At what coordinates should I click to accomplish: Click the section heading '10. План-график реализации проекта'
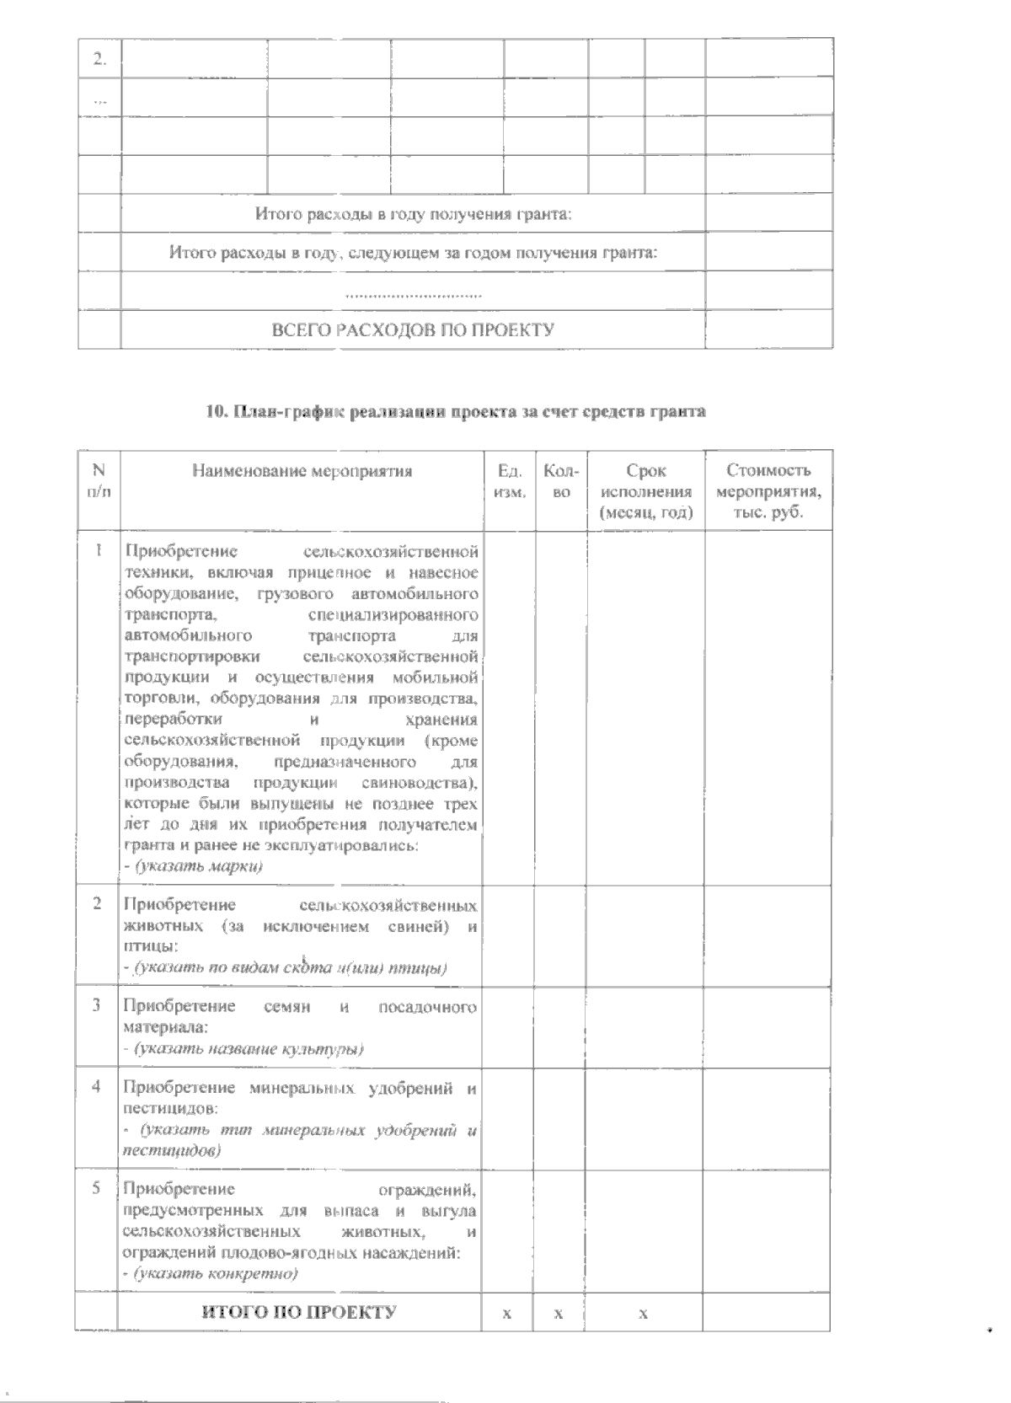[456, 412]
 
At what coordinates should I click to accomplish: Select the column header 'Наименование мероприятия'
[302, 471]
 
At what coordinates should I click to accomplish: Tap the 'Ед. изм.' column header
[511, 480]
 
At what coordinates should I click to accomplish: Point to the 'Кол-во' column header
[561, 480]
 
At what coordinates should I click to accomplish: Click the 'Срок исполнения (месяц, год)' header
[646, 491]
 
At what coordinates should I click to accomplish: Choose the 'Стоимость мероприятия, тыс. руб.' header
[768, 491]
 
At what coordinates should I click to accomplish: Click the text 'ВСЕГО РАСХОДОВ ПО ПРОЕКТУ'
[413, 329]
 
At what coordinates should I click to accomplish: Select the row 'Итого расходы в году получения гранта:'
[413, 214]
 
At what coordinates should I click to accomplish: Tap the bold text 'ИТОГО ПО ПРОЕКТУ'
[298, 1312]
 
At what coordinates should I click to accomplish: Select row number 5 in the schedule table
[97, 1188]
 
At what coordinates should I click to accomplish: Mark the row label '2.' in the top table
[99, 58]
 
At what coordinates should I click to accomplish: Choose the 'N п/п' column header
[99, 480]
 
